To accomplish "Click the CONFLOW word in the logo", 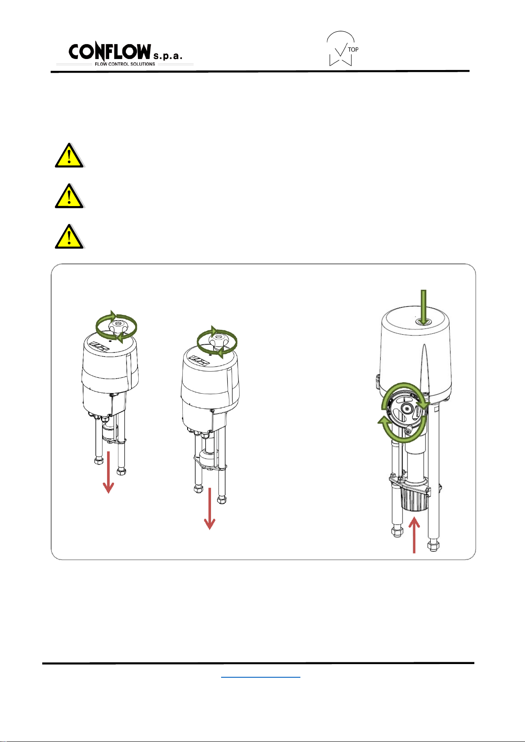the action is pos(110,52).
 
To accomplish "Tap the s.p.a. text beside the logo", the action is pos(168,56).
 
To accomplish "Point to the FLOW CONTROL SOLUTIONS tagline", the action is pos(125,64).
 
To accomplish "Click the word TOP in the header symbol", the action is pos(353,49).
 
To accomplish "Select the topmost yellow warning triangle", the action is pos(69,156).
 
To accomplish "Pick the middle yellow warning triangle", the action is pos(69,196).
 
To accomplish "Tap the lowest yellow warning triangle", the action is pos(69,237).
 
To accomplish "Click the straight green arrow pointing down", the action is pos(423,307).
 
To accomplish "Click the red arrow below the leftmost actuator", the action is pos(108,473).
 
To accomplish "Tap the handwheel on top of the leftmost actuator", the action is pos(116,327).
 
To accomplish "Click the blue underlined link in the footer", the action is pos(261,677).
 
